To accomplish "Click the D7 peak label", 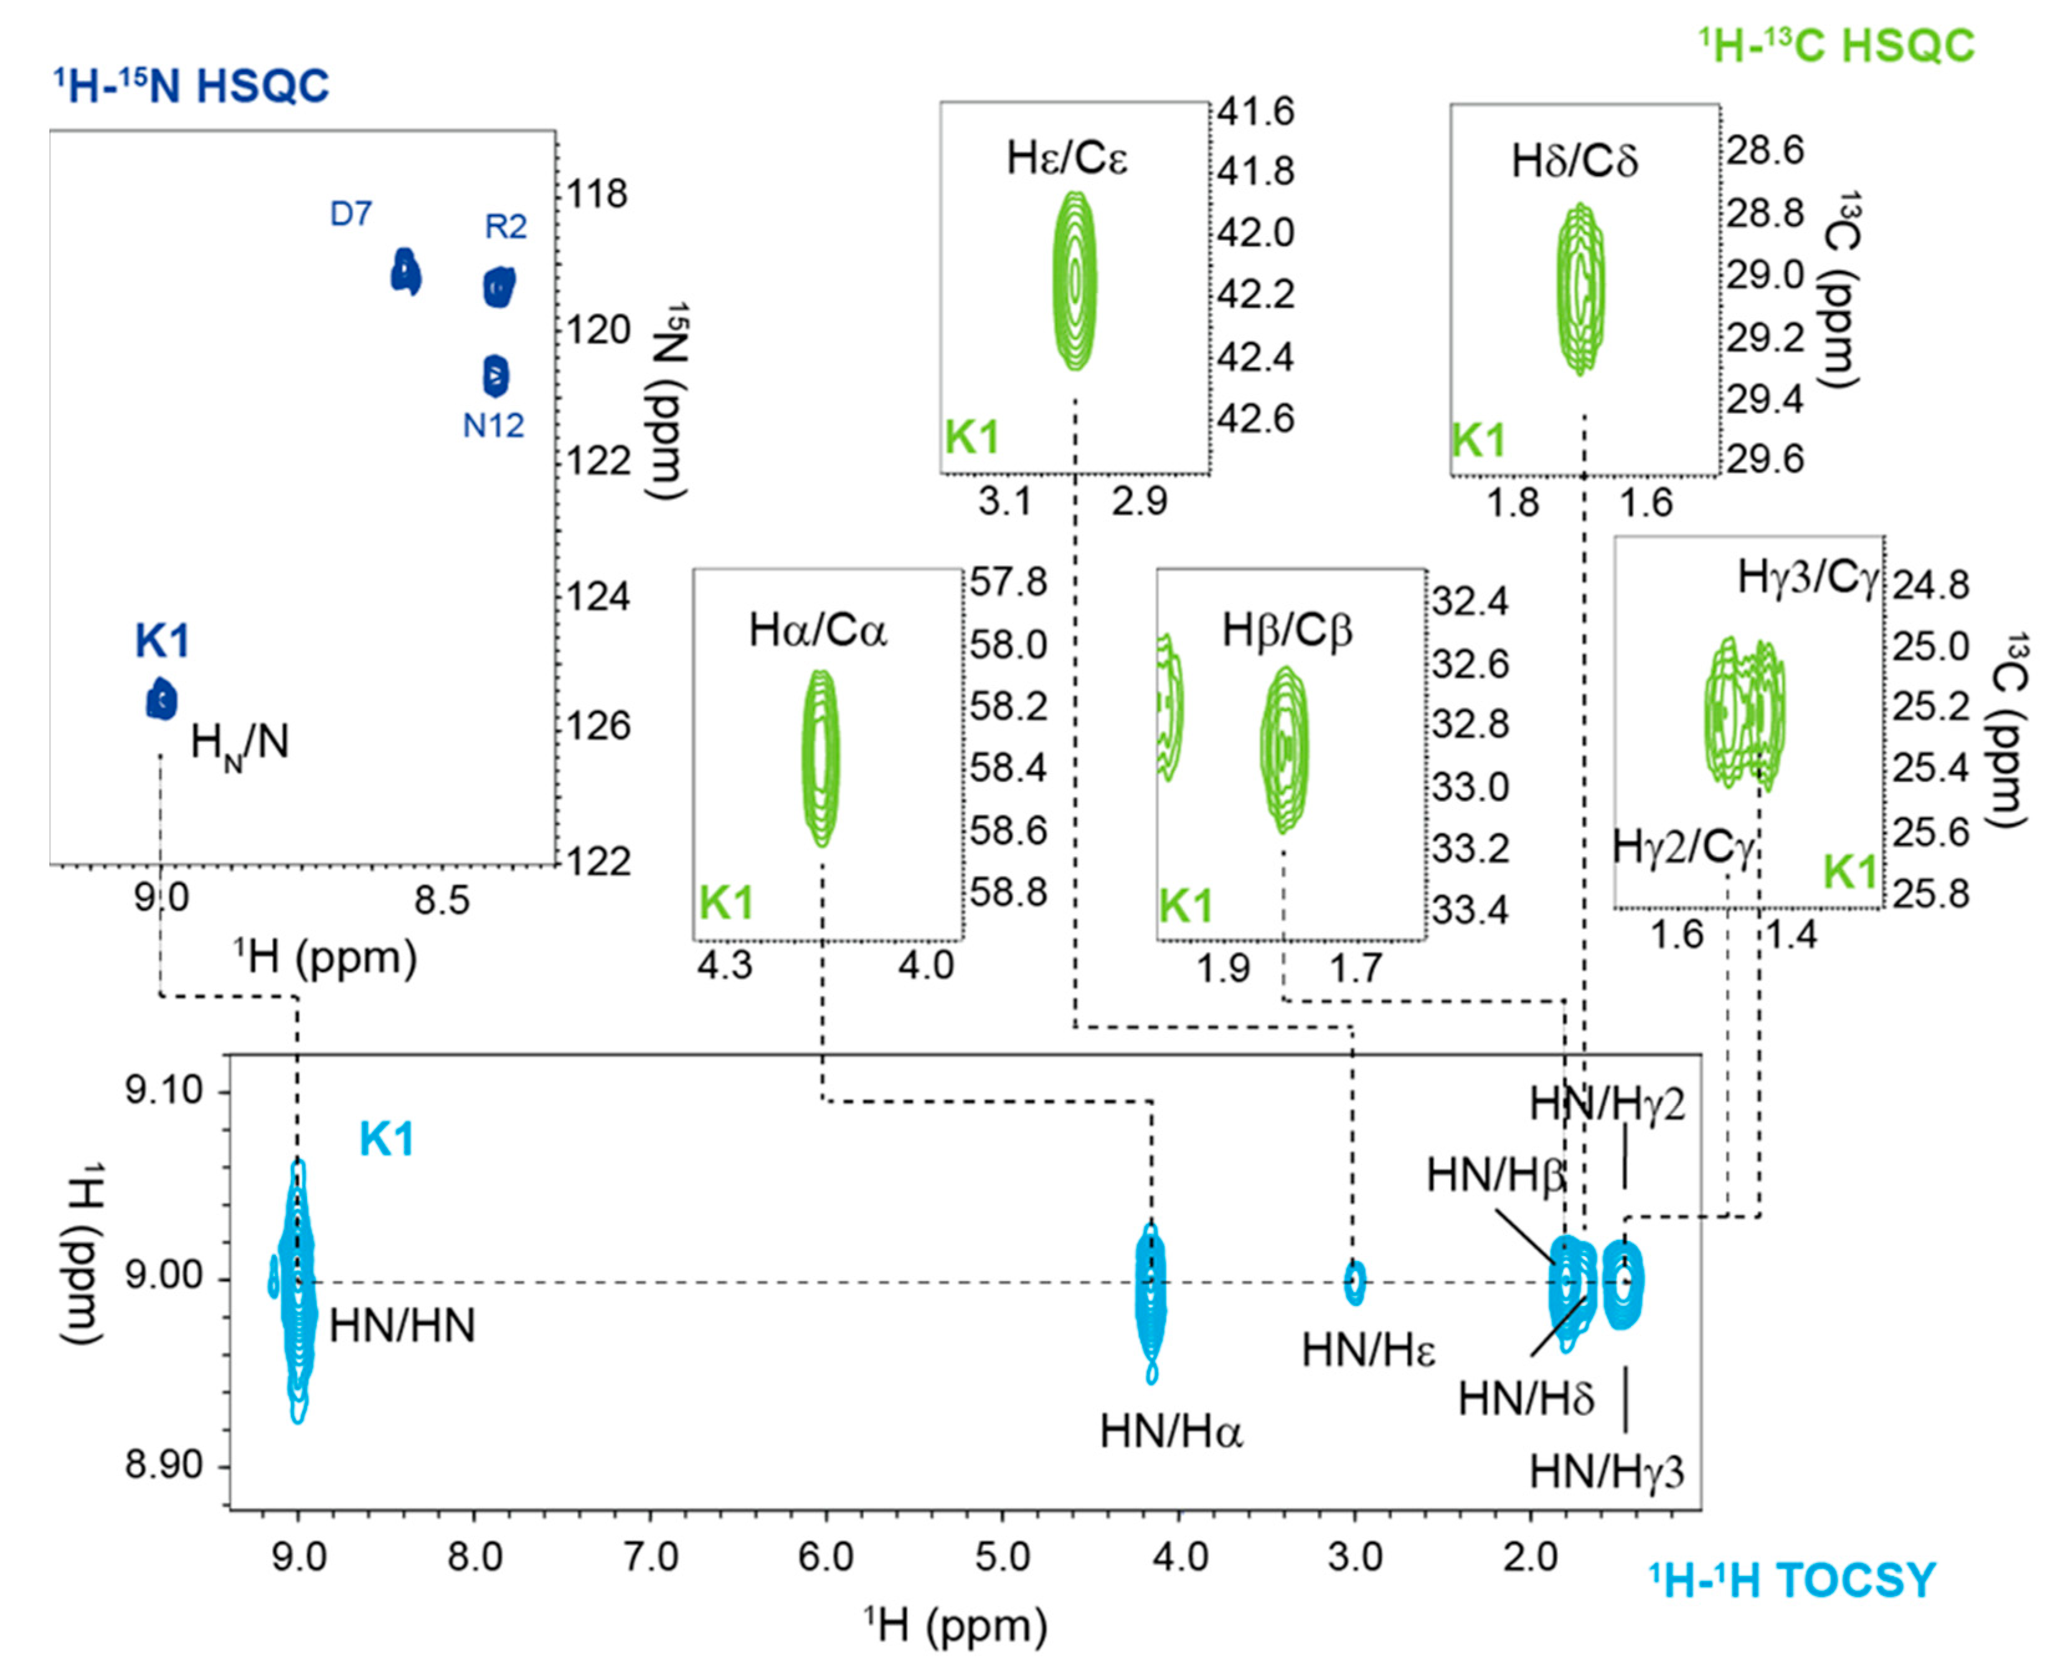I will (351, 213).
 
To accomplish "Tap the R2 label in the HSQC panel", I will (506, 227).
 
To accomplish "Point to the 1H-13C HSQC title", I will (1838, 46).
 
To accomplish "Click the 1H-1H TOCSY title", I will (1792, 1580).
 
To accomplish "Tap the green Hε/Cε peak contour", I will (1075, 280).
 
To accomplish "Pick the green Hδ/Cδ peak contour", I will (1580, 288).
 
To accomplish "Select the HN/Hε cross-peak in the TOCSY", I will (1355, 1283).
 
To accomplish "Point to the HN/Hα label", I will (1171, 1432).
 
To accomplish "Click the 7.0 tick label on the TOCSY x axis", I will (651, 1558).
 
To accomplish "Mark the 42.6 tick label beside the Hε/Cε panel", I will (1255, 419).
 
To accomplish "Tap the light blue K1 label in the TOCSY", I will (386, 1140).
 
